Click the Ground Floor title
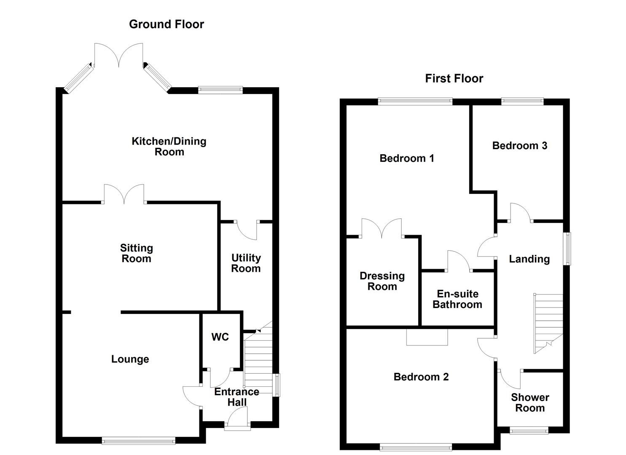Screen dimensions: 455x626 [x=166, y=24]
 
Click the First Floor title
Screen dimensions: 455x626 [x=454, y=78]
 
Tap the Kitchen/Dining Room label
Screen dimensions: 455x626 [x=169, y=147]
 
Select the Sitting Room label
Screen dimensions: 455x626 [x=136, y=253]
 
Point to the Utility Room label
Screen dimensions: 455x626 [x=246, y=263]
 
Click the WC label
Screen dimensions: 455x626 [x=220, y=337]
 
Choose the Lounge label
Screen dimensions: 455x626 [x=130, y=359]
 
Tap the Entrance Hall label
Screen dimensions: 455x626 [x=236, y=397]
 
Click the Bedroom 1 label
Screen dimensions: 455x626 [x=406, y=158]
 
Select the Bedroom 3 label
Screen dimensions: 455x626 [x=519, y=146]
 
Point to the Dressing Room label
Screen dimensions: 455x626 [x=382, y=281]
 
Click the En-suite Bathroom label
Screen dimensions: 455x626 [x=457, y=299]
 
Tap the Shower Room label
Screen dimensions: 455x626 [x=530, y=403]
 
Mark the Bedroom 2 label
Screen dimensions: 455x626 [x=421, y=377]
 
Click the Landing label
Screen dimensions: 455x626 [x=529, y=259]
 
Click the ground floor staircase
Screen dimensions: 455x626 [x=258, y=362]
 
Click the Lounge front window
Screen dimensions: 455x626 [x=138, y=441]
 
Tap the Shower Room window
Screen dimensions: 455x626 [x=529, y=430]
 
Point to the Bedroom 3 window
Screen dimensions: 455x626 [x=522, y=101]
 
